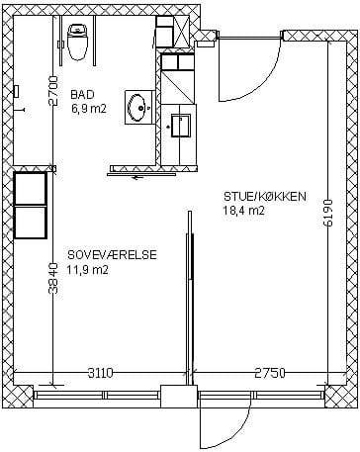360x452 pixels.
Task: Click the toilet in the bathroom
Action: coord(77,42)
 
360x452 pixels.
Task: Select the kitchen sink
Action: coord(181,126)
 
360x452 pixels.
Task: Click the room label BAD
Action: coord(82,95)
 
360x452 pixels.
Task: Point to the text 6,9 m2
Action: coord(89,109)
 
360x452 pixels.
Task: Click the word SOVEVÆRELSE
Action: coord(112,255)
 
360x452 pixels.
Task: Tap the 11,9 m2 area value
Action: coord(88,270)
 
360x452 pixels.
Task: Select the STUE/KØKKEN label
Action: coord(265,197)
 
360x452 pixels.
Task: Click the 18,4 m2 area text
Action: coord(244,211)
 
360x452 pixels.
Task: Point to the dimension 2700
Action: coord(52,91)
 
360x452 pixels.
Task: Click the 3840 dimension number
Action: coord(52,278)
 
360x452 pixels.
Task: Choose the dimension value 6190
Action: coord(328,213)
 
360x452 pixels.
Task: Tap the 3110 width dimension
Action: coord(101,373)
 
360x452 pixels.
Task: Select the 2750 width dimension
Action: coord(270,373)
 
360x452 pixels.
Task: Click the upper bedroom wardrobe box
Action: coord(30,188)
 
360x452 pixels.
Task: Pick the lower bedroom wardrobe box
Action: coord(30,222)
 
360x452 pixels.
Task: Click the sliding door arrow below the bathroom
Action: coord(137,178)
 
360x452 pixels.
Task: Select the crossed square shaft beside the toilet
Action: coord(181,32)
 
